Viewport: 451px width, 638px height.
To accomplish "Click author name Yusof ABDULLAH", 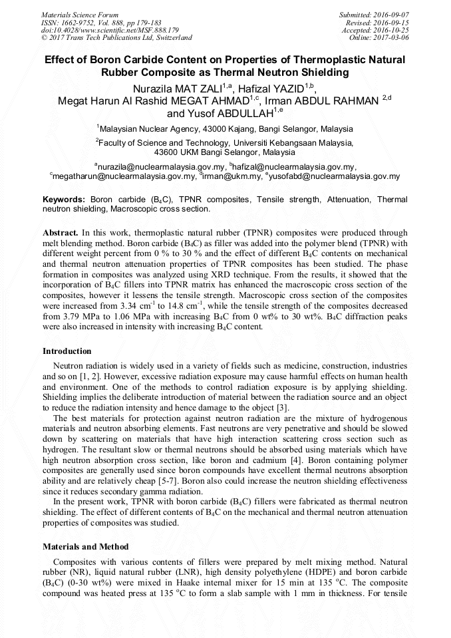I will point(233,113).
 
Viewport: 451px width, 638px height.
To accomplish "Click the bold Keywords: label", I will point(64,199).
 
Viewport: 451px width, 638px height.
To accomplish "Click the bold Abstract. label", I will point(61,234).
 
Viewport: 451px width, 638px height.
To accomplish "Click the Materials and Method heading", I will point(85,546).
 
